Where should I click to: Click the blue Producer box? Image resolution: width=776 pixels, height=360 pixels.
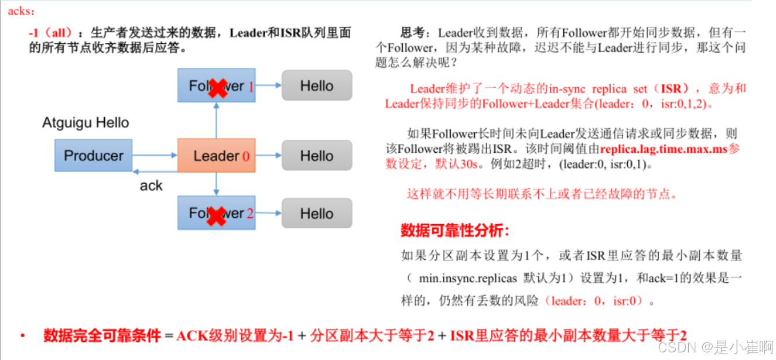coord(94,156)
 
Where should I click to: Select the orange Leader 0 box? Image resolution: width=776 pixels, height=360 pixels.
coord(216,156)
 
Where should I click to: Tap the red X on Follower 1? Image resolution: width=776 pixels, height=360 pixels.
coord(218,87)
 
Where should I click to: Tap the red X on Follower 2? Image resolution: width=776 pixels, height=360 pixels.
coord(217,215)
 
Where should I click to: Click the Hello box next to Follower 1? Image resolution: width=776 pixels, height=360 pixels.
coord(317,86)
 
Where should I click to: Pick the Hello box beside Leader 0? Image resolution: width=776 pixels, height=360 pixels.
coord(317,156)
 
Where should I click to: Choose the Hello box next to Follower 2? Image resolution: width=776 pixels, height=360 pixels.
coord(317,214)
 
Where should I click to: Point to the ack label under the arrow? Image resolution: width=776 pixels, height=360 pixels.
coord(151,186)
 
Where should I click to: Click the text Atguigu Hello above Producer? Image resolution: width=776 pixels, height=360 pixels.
coord(85,123)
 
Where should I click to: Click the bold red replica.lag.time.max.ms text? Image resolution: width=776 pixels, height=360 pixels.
coord(664,149)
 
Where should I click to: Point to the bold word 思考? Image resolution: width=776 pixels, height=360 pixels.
coord(413,33)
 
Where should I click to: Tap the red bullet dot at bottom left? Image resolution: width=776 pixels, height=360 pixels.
coord(23,336)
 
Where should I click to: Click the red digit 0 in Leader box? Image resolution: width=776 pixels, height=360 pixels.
coord(246,156)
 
